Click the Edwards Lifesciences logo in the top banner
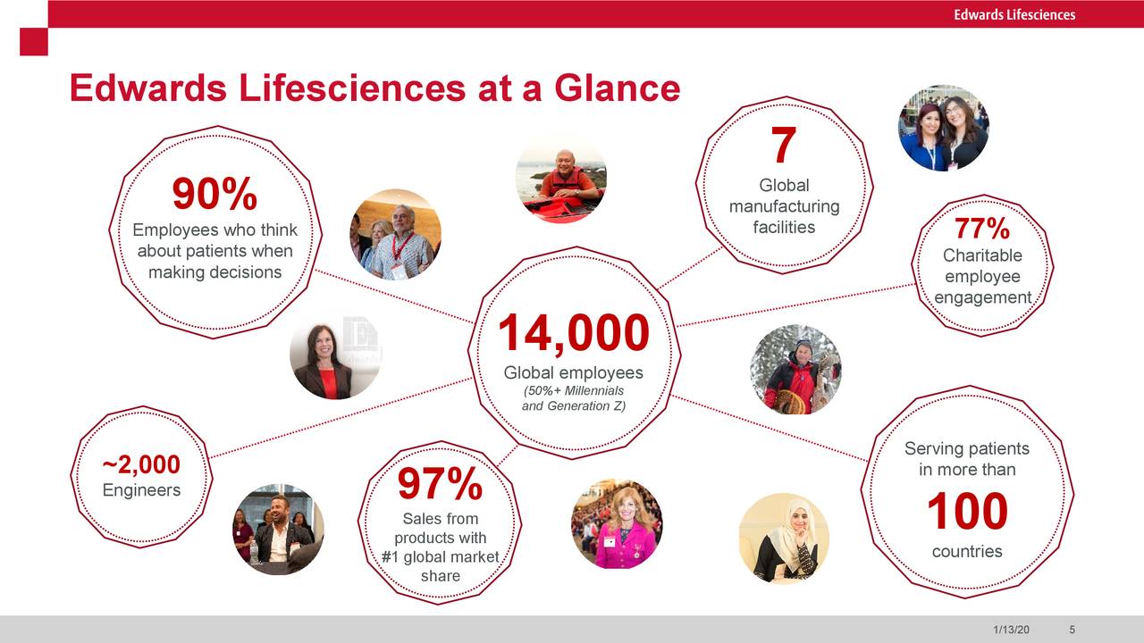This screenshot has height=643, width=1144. pyautogui.click(x=1014, y=14)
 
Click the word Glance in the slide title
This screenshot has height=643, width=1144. pyautogui.click(x=617, y=88)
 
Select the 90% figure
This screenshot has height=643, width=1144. pyautogui.click(x=214, y=195)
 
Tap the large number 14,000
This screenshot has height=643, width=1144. pyautogui.click(x=573, y=334)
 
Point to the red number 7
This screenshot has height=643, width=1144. pyautogui.click(x=783, y=146)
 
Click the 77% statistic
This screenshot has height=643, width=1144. pyautogui.click(x=981, y=230)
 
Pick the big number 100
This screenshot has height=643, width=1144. pyautogui.click(x=967, y=513)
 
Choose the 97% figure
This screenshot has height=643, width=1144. pyautogui.click(x=440, y=485)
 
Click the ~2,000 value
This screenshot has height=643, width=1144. pyautogui.click(x=141, y=465)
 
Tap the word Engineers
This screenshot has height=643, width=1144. pyautogui.click(x=141, y=490)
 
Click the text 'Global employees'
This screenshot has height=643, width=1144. pyautogui.click(x=573, y=372)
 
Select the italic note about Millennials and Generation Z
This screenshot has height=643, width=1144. pyautogui.click(x=573, y=399)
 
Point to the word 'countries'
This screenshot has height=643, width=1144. pyautogui.click(x=967, y=551)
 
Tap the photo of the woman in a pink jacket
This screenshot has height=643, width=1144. pyautogui.click(x=616, y=524)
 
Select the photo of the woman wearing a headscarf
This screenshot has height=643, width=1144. pyautogui.click(x=784, y=538)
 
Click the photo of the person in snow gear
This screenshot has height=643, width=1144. pyautogui.click(x=795, y=370)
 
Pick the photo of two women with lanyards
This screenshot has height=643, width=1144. pyautogui.click(x=943, y=128)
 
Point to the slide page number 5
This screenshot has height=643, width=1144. pyautogui.click(x=1072, y=630)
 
